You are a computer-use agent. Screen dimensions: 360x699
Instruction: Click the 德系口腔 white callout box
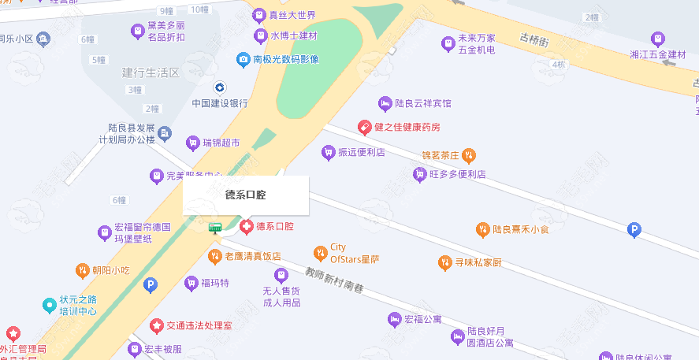pos(246,195)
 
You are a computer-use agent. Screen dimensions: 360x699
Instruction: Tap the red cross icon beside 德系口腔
pos(246,227)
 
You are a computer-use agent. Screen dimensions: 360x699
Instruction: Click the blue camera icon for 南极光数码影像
pos(244,59)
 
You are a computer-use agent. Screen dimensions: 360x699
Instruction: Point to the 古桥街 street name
pos(534,39)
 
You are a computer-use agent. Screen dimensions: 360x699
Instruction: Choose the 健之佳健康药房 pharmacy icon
pos(364,126)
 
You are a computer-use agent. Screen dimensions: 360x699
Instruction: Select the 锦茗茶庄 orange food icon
pos(469,154)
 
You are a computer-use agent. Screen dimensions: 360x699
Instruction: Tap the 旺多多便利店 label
pos(457,174)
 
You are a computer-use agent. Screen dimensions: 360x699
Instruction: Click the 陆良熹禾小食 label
pos(520,230)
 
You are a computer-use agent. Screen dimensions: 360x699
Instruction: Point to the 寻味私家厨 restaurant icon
pos(446,262)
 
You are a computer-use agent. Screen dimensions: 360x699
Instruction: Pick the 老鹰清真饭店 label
pos(253,256)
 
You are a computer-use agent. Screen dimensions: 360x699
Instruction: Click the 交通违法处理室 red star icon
pos(157,325)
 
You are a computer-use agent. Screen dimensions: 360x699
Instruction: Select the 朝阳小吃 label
pos(110,270)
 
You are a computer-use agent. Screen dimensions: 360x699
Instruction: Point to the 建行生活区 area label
pos(151,72)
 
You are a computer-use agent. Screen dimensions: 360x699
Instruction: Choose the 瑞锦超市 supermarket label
pos(221,143)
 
